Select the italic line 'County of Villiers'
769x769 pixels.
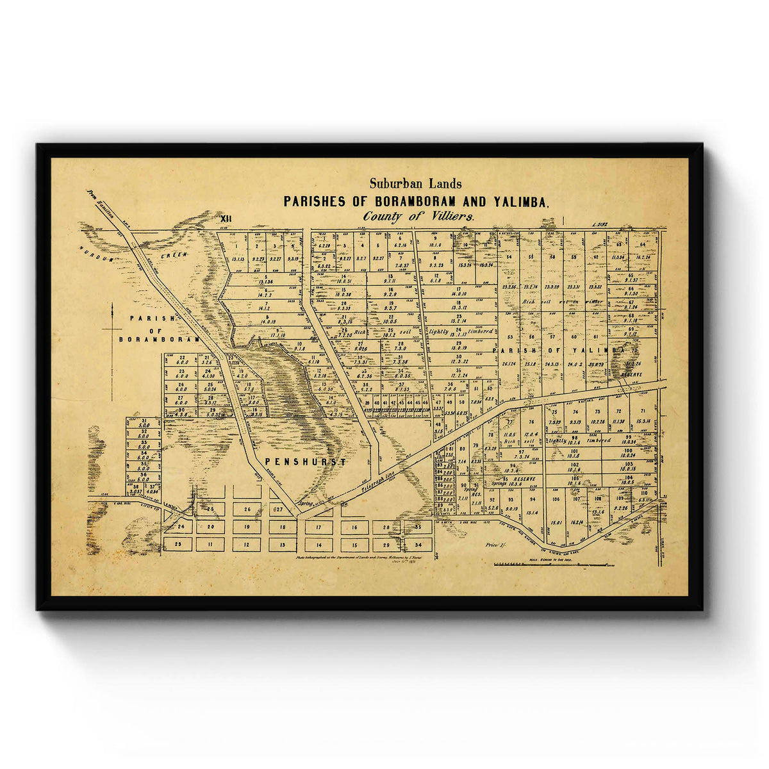click(x=418, y=217)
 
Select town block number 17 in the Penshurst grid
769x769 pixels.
click(x=318, y=527)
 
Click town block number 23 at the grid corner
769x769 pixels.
click(x=178, y=543)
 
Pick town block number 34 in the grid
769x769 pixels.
click(x=418, y=545)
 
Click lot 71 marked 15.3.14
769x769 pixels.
click(x=643, y=417)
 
